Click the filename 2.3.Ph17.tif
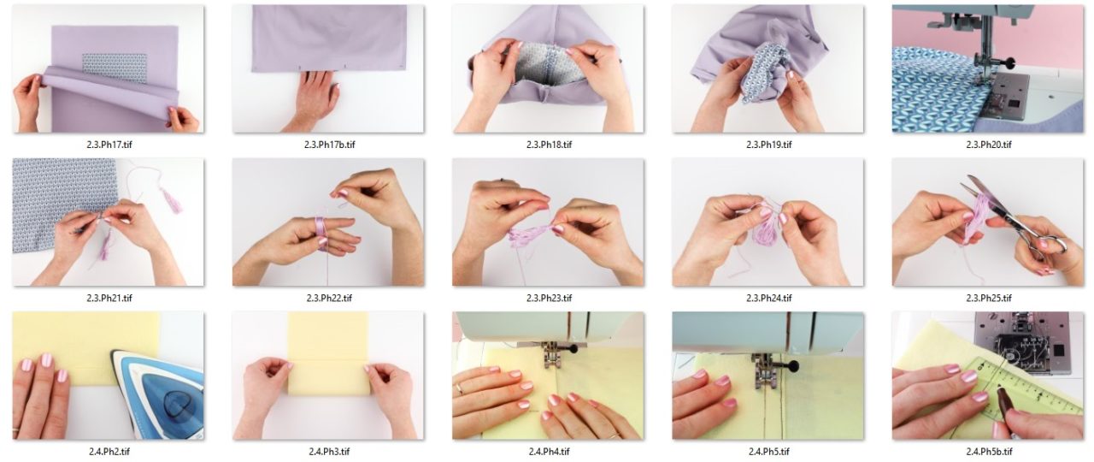[109, 145]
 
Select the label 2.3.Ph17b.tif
[329, 145]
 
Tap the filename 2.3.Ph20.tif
[989, 145]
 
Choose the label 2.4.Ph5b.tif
[989, 451]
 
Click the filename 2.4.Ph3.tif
[329, 451]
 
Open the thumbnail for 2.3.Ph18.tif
[548, 68]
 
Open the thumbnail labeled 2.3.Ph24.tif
[768, 222]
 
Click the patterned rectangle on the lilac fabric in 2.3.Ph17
[115, 68]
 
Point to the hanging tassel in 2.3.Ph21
[171, 200]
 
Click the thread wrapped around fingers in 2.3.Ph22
[321, 234]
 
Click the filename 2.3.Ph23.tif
[549, 298]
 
